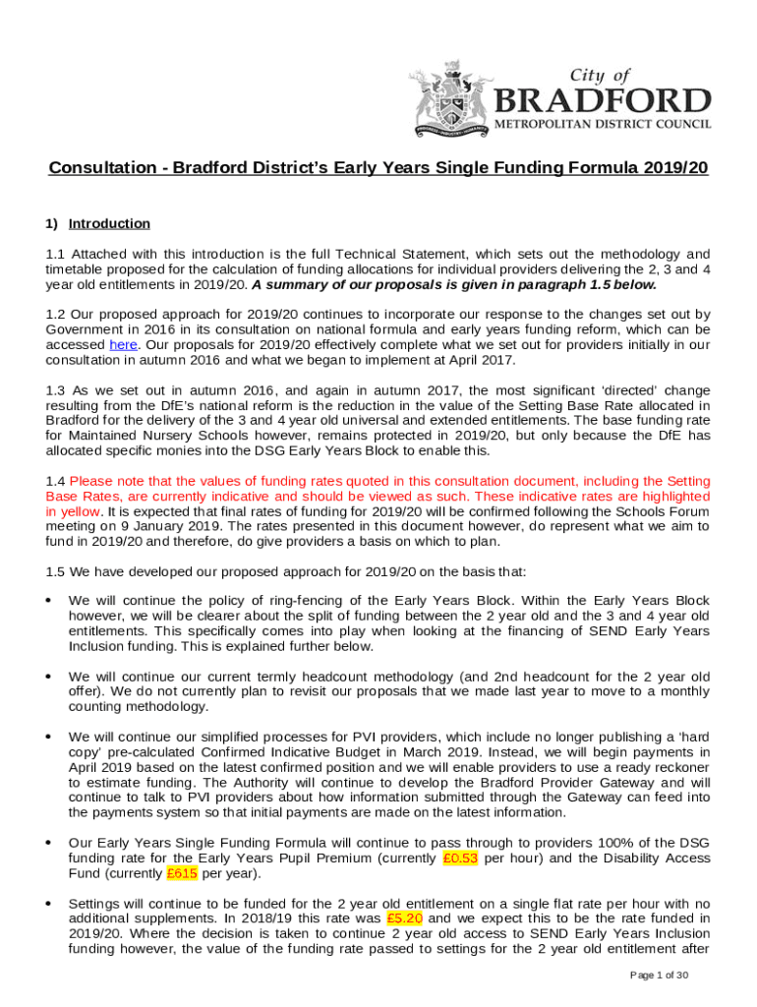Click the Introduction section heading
pyautogui.click(x=109, y=223)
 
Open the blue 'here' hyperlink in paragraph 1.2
pyautogui.click(x=123, y=345)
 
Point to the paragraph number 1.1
pyautogui.click(x=55, y=254)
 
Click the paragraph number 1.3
pyautogui.click(x=55, y=390)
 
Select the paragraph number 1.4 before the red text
pyautogui.click(x=55, y=481)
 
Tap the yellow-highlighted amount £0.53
pyautogui.click(x=460, y=858)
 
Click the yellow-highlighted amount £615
pyautogui.click(x=183, y=872)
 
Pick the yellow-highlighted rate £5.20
pyautogui.click(x=404, y=918)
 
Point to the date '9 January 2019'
pyautogui.click(x=152, y=526)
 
